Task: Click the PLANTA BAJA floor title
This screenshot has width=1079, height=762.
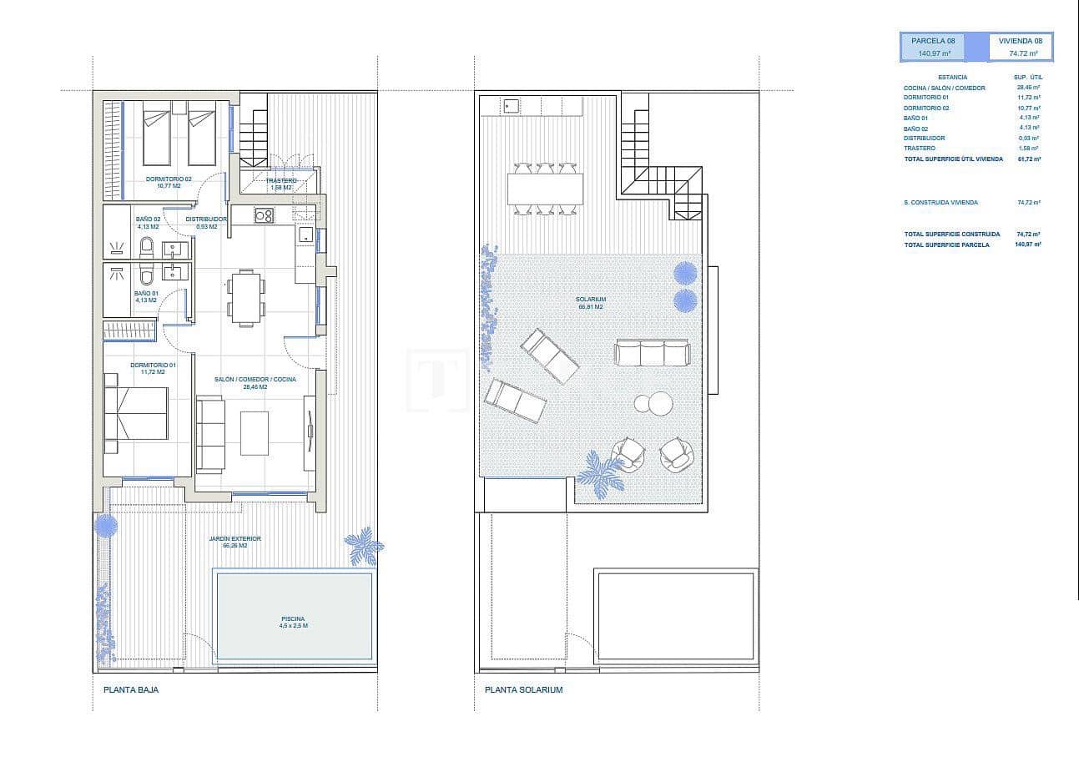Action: point(131,690)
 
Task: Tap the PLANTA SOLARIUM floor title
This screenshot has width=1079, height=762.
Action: point(523,690)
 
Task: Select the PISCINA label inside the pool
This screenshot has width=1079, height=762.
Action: point(294,622)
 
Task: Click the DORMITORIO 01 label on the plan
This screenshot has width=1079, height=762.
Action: point(153,368)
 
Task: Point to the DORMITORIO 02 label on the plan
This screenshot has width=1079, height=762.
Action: point(169,182)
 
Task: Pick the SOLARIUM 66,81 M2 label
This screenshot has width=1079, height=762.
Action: point(590,302)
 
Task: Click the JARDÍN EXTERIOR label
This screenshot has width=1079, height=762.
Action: point(235,542)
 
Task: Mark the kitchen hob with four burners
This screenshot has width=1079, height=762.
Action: point(264,215)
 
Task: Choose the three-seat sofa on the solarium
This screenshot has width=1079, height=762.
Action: point(653,352)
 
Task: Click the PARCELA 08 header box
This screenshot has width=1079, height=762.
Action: point(933,47)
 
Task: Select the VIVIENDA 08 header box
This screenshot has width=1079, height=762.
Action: point(1021,47)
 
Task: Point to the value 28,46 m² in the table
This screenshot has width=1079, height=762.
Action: point(1028,87)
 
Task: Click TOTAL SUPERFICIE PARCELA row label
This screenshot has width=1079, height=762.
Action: point(946,245)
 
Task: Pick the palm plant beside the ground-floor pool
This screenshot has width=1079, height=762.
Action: point(365,547)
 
